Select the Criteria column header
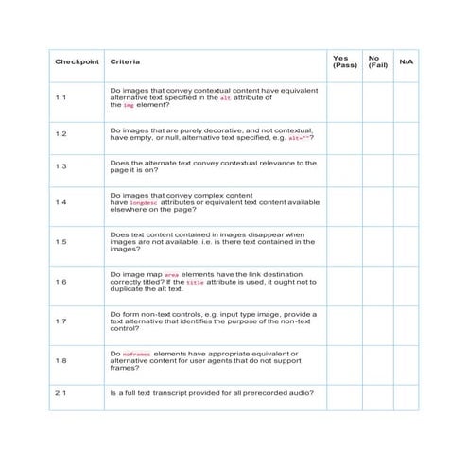pos(125,62)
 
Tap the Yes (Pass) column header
pos(341,61)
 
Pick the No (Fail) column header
pos(374,61)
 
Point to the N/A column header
pos(407,62)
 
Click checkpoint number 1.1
pos(61,98)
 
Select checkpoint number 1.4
pos(61,202)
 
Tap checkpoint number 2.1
pos(61,393)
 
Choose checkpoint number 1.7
pos(61,321)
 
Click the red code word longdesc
pos(143,203)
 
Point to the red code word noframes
pos(137,354)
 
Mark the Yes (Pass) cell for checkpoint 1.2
pos(342,134)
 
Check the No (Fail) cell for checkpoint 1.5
pos(374,242)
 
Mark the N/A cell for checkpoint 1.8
pos(407,361)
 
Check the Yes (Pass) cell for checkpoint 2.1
pos(342,393)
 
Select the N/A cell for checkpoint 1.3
pos(407,166)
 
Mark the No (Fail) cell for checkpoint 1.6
pos(374,282)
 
